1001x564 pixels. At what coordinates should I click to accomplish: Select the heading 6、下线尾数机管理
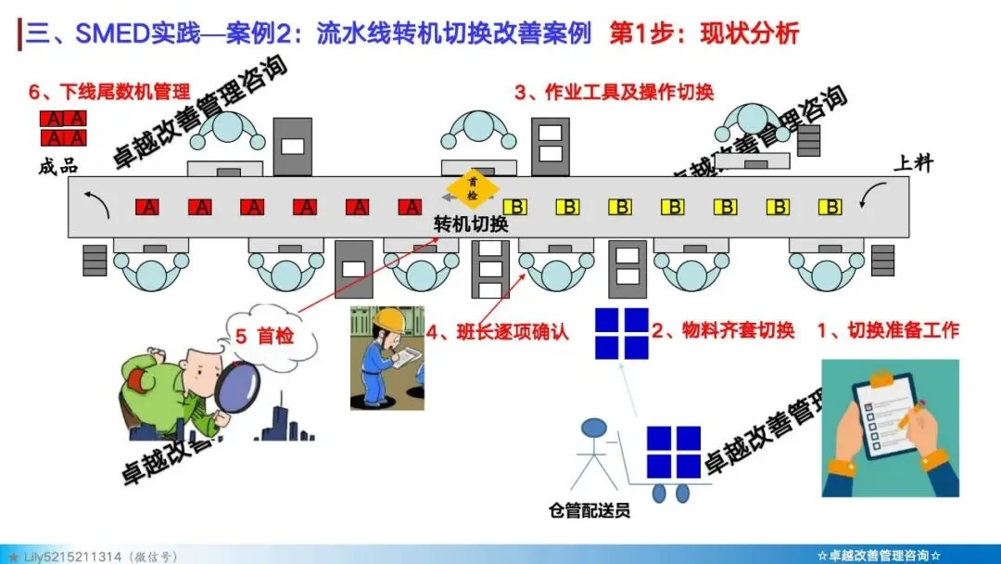click(x=109, y=92)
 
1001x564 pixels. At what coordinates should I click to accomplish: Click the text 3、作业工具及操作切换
click(x=615, y=92)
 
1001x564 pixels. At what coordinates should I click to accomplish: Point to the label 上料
click(x=912, y=164)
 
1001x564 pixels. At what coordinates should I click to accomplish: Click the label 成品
click(x=58, y=167)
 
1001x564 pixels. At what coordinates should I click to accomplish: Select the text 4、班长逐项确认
click(x=497, y=330)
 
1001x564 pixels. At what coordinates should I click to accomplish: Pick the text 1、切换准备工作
click(x=887, y=330)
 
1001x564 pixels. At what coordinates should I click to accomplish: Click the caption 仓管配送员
click(x=589, y=510)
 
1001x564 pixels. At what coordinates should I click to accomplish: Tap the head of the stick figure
click(x=593, y=429)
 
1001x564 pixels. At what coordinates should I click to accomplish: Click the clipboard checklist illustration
click(x=888, y=428)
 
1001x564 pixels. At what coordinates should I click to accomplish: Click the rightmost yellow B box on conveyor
click(x=832, y=206)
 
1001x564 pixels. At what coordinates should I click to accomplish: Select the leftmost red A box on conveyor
click(x=147, y=207)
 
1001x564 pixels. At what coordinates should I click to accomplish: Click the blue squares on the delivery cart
click(x=673, y=452)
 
